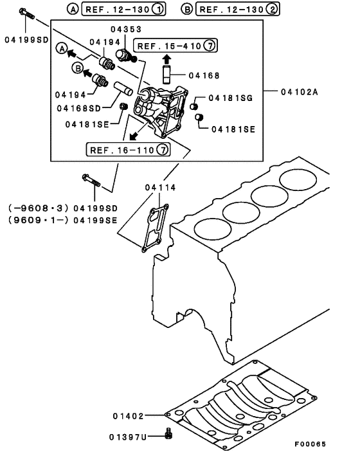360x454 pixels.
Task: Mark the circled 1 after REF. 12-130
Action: point(156,9)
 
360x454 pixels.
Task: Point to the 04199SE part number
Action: point(95,219)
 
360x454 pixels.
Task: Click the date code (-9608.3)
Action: point(37,208)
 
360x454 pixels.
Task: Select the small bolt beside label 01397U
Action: point(168,434)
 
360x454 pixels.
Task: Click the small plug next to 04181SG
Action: point(199,103)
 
